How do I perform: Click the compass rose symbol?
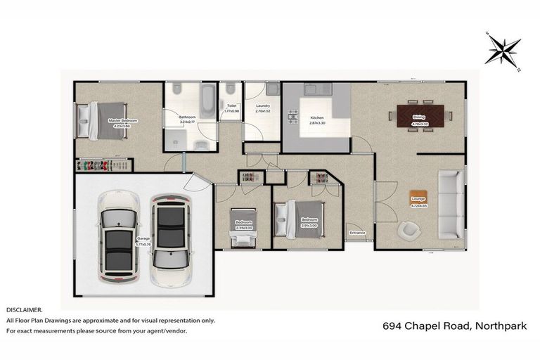click(503, 51)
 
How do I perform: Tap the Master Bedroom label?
click(122, 122)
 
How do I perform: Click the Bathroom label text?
click(187, 119)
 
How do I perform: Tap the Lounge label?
click(418, 202)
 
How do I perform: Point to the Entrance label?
click(357, 232)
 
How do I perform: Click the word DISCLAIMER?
click(25, 309)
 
